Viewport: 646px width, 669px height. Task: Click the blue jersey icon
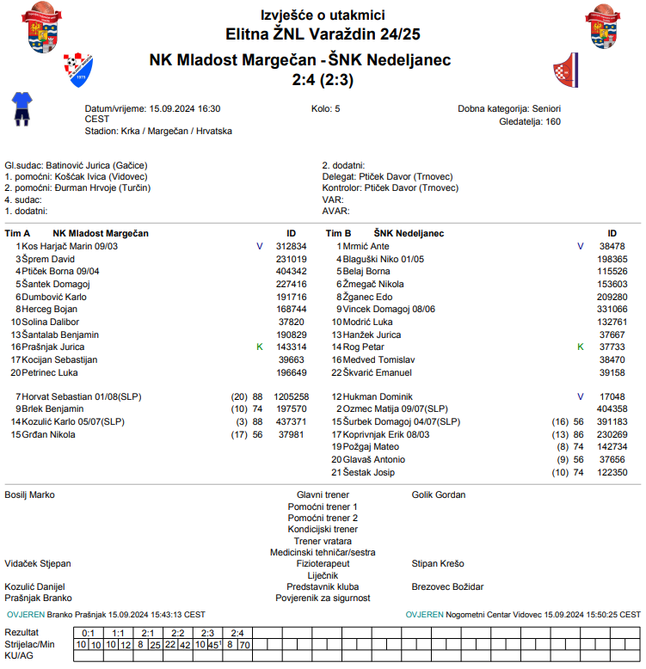pyautogui.click(x=21, y=109)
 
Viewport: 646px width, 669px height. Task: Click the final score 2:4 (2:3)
pyautogui.click(x=323, y=80)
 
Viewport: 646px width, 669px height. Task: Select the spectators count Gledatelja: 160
pyautogui.click(x=530, y=121)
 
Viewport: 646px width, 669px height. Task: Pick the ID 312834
pyautogui.click(x=291, y=246)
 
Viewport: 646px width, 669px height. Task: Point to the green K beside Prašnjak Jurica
pyautogui.click(x=259, y=347)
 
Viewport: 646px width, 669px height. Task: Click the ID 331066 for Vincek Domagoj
pyautogui.click(x=612, y=309)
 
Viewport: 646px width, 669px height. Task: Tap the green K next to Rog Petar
pyautogui.click(x=581, y=347)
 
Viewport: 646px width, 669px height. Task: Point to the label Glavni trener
pyautogui.click(x=323, y=495)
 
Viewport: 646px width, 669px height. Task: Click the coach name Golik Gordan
pyautogui.click(x=439, y=495)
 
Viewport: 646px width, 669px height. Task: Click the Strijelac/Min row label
pyautogui.click(x=29, y=643)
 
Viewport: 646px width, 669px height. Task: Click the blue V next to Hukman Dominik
pyautogui.click(x=581, y=396)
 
